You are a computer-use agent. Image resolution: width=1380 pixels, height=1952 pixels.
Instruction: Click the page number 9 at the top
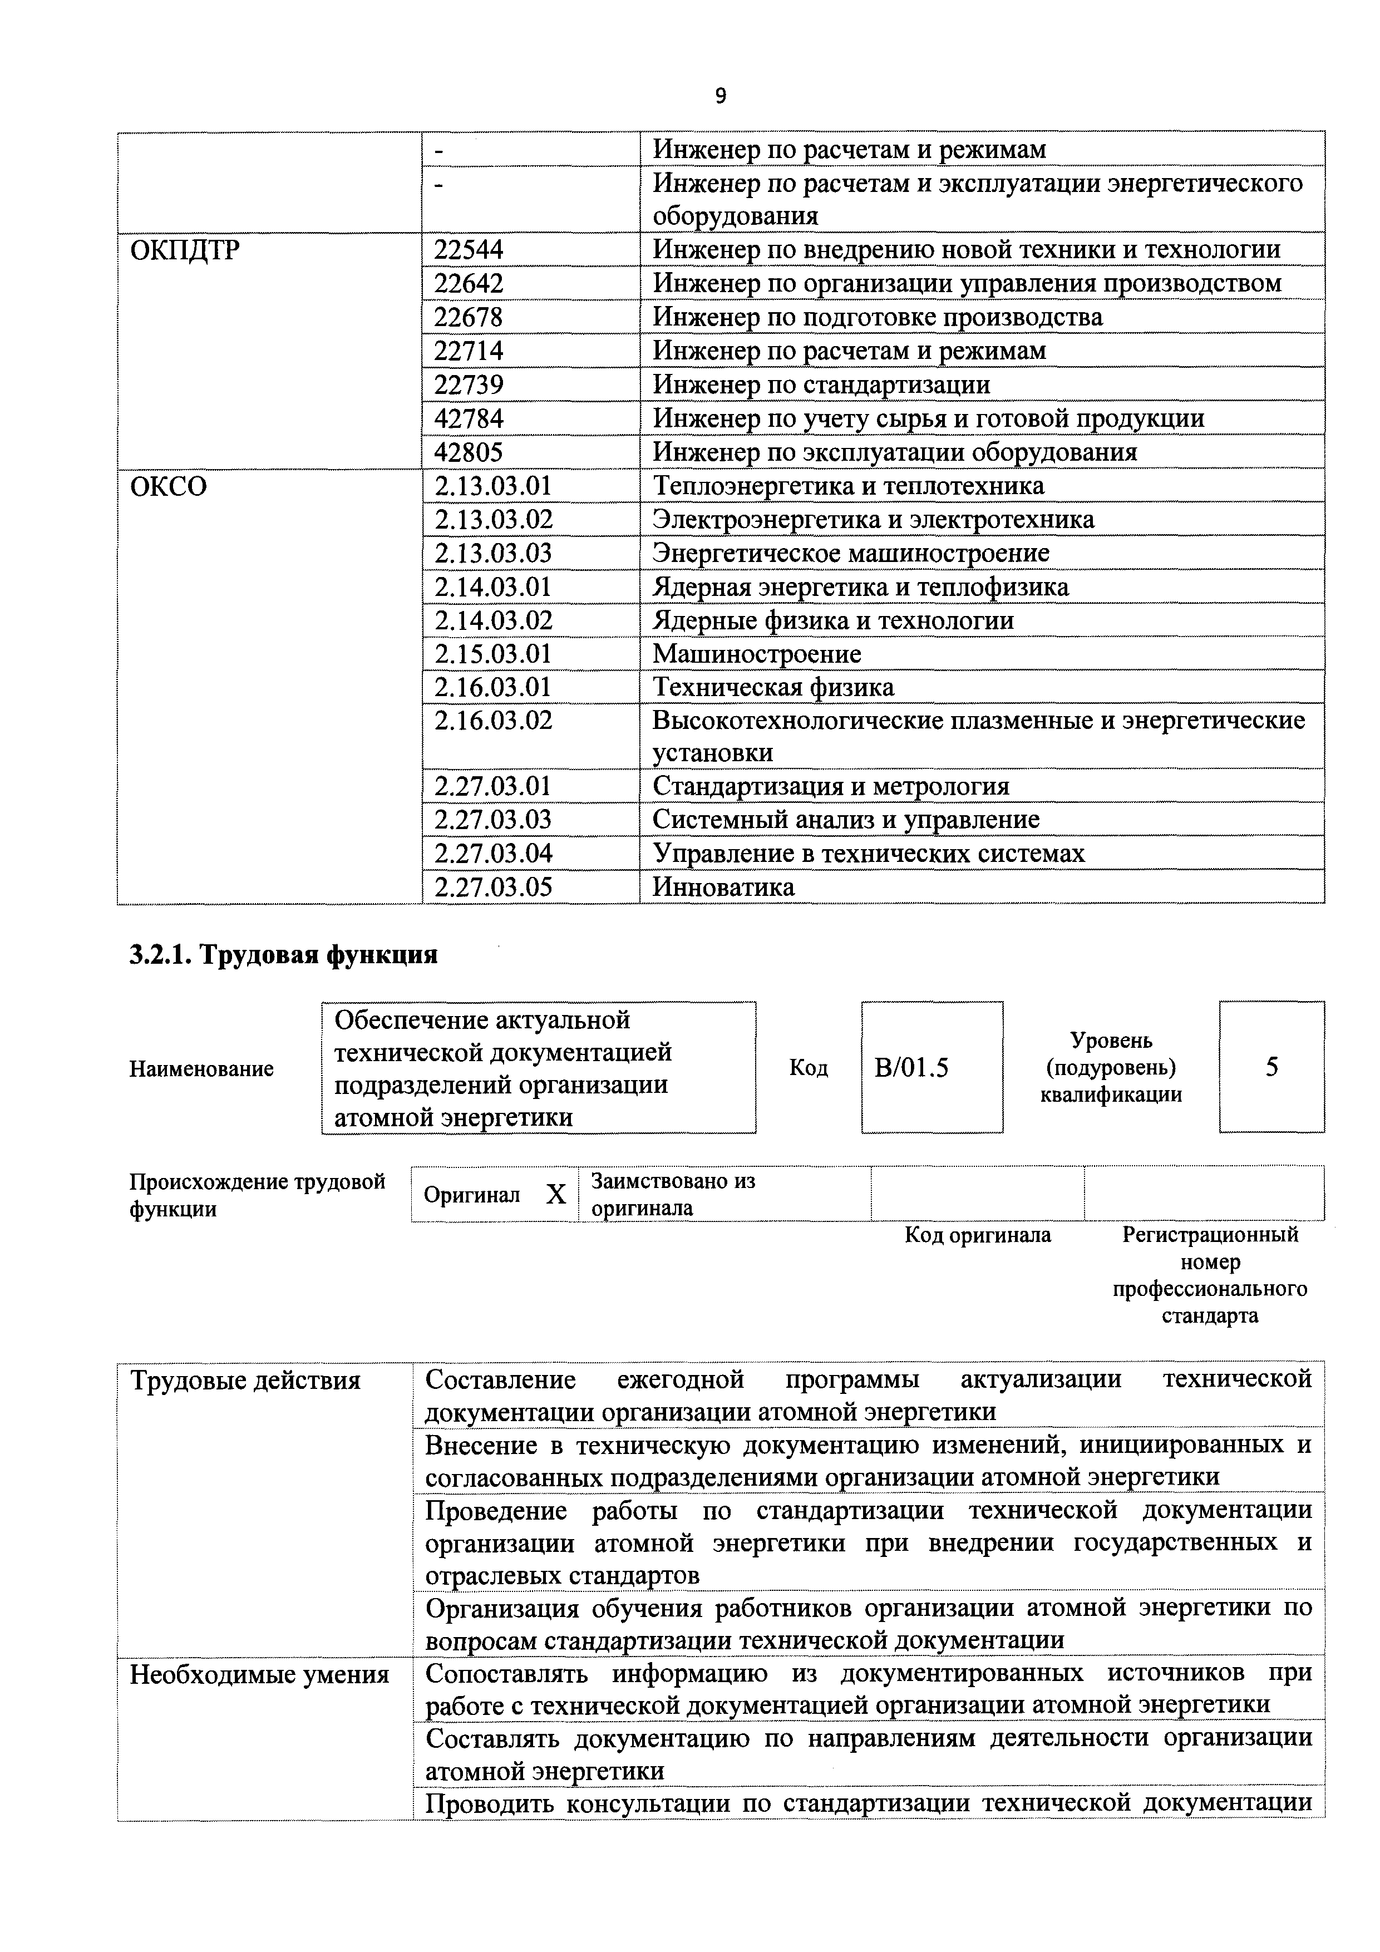pos(720,97)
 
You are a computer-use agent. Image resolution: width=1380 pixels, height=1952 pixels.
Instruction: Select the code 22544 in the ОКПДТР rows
pos(469,249)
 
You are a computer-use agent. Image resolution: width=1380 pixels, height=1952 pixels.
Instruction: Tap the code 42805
pos(469,451)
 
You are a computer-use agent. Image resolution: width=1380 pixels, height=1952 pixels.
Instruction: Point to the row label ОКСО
pos(169,486)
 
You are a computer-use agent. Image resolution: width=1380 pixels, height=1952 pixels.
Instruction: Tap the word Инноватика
pos(723,887)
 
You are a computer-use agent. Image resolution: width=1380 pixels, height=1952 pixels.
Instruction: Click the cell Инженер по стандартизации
pos(821,385)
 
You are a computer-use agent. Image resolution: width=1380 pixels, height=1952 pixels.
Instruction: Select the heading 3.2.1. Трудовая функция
pos(283,955)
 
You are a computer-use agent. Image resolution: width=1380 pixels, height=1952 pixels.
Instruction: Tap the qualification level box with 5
pos(1271,1068)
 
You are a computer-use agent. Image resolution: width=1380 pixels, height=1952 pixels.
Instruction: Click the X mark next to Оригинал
pos(555,1195)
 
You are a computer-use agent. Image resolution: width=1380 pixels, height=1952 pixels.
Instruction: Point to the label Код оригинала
pos(977,1234)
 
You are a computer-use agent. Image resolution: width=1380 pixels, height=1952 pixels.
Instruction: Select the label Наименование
pos(201,1069)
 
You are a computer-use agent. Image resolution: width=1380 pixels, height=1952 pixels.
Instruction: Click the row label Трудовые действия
pos(246,1381)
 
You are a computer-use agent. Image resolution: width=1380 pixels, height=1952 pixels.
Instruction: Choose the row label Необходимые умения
pos(259,1675)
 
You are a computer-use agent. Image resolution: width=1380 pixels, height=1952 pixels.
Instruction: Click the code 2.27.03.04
pos(493,852)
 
